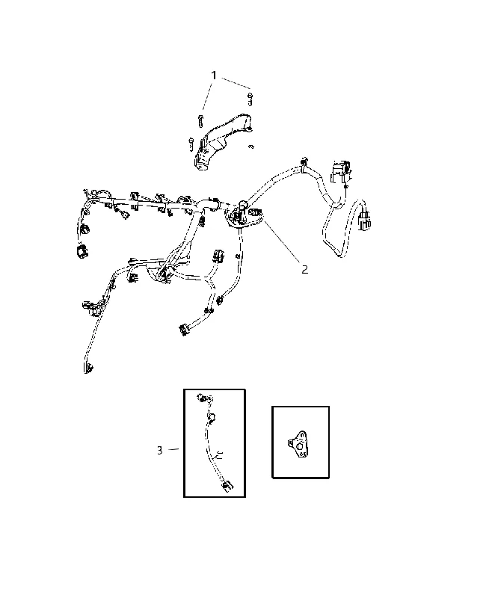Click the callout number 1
click(214, 75)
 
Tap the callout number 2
click(304, 270)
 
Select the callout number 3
click(160, 451)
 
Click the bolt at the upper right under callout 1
click(250, 99)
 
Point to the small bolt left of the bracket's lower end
click(191, 144)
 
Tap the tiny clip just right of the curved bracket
click(251, 147)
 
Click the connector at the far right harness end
click(364, 221)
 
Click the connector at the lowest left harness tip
click(88, 369)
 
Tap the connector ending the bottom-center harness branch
click(184, 329)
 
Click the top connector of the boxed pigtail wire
click(203, 398)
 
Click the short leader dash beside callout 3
click(173, 450)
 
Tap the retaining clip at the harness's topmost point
click(304, 160)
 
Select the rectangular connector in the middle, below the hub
click(218, 256)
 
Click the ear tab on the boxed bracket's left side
click(291, 443)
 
